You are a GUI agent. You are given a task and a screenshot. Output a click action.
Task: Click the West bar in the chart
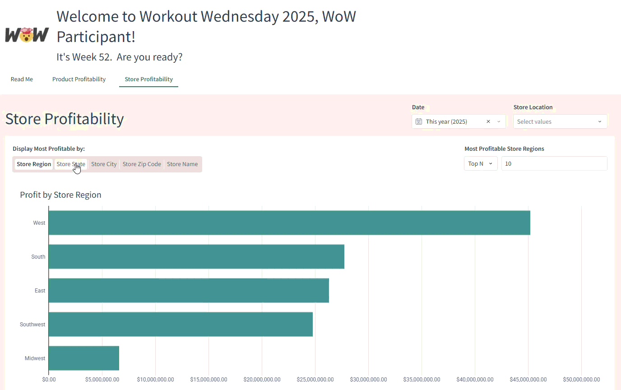289,223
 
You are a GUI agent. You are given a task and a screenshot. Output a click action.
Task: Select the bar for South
196,256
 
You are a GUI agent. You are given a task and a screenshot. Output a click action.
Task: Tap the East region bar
189,290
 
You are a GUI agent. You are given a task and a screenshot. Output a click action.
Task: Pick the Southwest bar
181,324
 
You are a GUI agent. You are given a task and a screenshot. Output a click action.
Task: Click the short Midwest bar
84,358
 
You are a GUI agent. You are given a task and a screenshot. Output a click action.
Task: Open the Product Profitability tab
79,79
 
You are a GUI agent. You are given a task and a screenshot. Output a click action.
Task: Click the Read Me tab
22,79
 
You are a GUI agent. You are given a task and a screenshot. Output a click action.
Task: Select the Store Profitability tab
148,79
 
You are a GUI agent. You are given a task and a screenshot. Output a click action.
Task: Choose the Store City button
104,164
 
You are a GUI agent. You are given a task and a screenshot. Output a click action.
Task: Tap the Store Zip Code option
142,164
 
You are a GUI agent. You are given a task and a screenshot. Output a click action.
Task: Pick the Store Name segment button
182,164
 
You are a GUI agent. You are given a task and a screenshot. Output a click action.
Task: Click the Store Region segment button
34,164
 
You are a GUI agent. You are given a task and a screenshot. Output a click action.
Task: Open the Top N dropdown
481,163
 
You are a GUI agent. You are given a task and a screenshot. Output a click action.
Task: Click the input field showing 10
554,163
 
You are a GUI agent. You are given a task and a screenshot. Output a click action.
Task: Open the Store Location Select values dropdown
560,121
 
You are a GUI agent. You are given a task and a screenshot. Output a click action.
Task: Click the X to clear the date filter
488,121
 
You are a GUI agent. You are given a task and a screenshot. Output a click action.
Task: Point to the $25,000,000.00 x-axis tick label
315,380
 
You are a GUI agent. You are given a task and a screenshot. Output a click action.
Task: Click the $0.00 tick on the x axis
48,380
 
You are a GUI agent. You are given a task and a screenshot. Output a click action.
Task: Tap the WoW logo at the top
27,35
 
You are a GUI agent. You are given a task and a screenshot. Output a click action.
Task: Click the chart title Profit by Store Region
60,195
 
